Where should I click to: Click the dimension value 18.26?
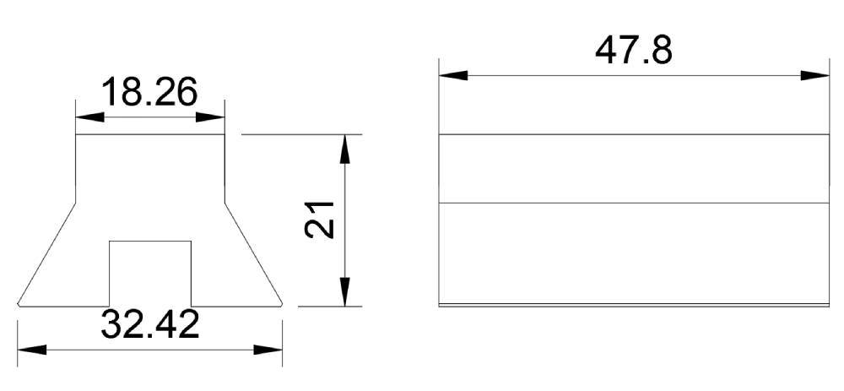coord(149,91)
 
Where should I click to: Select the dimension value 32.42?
coord(149,324)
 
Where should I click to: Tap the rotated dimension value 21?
coord(320,220)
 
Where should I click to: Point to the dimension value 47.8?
coord(634,51)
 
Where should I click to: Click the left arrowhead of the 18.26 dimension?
coord(89,117)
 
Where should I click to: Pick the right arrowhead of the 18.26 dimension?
coord(210,117)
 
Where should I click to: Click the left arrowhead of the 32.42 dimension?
coord(32,350)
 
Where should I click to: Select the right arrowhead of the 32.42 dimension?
coord(268,350)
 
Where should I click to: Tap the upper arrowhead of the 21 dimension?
coord(345,149)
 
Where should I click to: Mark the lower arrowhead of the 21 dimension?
coord(345,292)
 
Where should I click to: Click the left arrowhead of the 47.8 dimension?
coord(453,75)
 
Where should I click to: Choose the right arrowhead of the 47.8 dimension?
coord(815,75)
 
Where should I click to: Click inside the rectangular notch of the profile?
coord(150,274)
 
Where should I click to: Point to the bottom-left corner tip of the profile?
coord(19,305)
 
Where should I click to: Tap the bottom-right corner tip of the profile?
coord(282,305)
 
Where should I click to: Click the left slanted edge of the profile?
coord(46,253)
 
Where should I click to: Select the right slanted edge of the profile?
coord(253,253)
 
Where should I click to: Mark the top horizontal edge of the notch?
coord(150,242)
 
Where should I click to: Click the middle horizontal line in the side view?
coord(634,203)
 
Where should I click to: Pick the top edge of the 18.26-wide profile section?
coord(150,134)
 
